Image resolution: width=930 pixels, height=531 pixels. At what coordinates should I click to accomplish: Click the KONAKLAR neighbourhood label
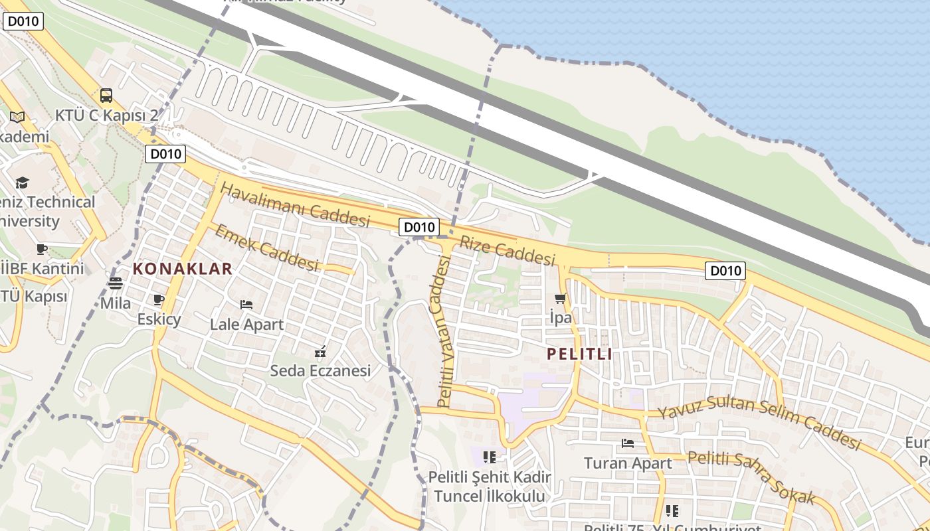183,269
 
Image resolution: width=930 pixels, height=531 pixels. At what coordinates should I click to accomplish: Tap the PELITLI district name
579,354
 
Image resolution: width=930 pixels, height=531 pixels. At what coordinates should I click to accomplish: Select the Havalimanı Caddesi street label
295,205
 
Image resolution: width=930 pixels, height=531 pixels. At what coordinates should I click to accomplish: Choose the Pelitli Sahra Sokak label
751,477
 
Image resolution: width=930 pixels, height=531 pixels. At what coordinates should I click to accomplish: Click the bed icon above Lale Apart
246,305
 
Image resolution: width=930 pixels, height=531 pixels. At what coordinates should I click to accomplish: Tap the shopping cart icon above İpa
561,298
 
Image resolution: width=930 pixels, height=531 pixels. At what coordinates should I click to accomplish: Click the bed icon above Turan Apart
628,443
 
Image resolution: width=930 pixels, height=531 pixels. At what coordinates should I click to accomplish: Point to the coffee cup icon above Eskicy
159,300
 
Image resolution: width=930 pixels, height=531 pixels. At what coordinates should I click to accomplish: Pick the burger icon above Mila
116,283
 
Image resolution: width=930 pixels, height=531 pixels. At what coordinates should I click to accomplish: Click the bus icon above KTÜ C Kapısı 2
106,96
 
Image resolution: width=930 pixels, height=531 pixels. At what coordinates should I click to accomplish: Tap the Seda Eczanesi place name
320,370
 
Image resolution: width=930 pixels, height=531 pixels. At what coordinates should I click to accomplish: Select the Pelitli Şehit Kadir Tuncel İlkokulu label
490,487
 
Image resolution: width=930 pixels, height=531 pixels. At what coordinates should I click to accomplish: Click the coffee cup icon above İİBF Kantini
42,249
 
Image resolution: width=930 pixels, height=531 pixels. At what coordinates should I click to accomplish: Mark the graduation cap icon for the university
23,183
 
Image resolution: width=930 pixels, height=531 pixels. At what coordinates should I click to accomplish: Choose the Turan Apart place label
628,463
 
